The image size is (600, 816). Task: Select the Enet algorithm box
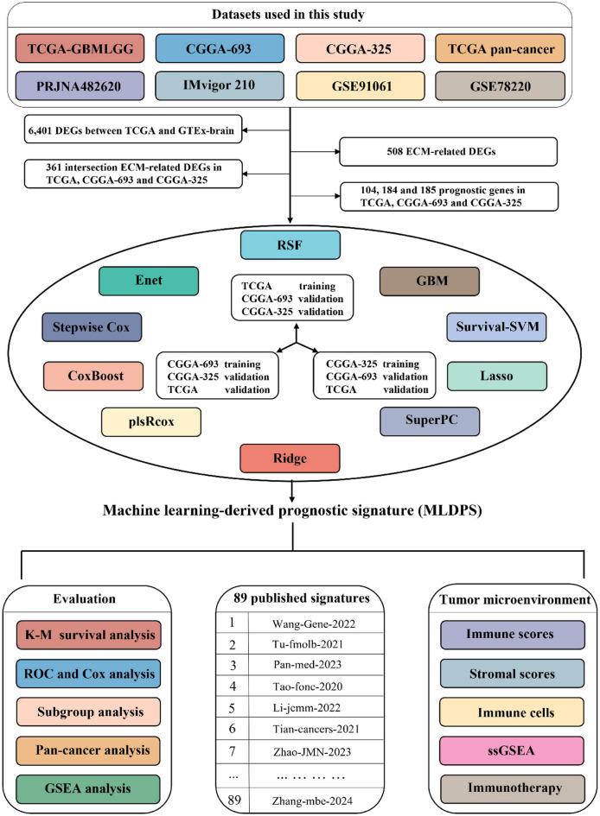(x=149, y=281)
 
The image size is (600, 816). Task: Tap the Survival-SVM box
(x=495, y=326)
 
